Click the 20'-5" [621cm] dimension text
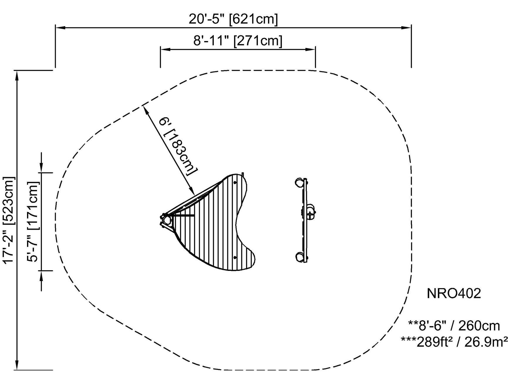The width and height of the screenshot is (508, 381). (233, 19)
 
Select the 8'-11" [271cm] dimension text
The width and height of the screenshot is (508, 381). (238, 41)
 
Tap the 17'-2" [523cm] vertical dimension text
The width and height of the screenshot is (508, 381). (8, 220)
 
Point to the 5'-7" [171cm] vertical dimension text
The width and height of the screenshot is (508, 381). (33, 222)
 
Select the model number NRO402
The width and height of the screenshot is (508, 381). (454, 293)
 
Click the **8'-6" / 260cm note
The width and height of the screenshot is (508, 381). (454, 326)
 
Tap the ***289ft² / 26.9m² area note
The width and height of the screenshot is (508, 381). (454, 342)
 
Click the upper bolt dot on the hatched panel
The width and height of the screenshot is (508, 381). (235, 182)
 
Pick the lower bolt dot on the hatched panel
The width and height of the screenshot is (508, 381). (235, 257)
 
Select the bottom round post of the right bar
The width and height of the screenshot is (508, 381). (300, 257)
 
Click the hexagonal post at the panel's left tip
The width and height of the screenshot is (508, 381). (166, 219)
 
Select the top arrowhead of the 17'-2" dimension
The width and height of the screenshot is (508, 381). (17, 75)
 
